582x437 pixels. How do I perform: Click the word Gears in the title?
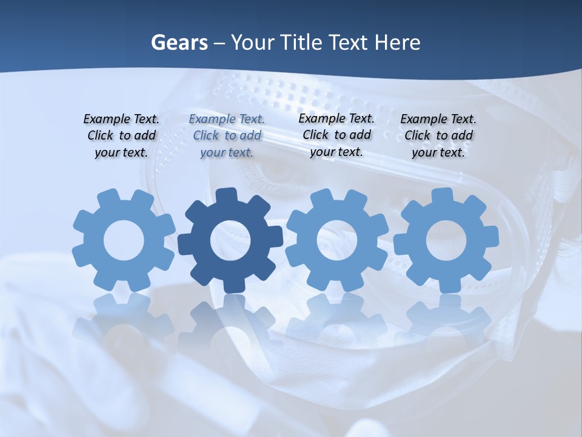179,43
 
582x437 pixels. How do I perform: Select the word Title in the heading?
299,43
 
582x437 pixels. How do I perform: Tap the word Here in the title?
397,43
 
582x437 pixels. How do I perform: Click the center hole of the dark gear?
230,240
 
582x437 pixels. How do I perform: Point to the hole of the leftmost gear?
124,240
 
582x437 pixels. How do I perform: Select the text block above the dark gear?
227,135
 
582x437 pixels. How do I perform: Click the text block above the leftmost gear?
121,135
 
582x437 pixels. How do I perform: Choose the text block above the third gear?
336,135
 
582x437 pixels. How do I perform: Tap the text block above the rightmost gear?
438,135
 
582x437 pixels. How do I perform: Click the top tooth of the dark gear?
227,195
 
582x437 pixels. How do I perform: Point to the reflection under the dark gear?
230,322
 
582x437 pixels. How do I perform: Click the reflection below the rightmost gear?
447,319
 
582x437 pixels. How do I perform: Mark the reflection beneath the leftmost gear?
124,319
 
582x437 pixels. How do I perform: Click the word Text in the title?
350,43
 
